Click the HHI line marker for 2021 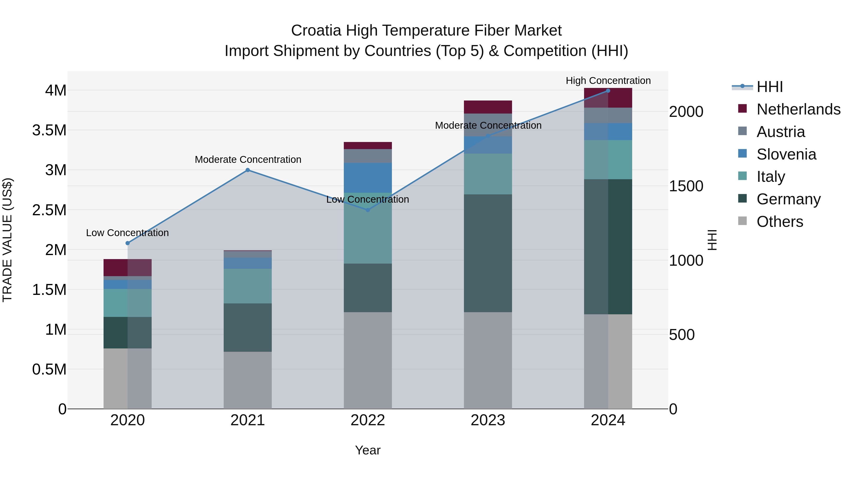click(x=248, y=170)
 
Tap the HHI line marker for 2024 click(x=608, y=91)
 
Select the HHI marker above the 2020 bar click(x=128, y=243)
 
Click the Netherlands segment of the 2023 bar click(x=488, y=107)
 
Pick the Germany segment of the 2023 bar click(x=488, y=253)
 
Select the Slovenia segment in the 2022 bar click(x=368, y=178)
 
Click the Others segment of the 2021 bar click(x=248, y=380)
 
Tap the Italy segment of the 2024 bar click(x=608, y=160)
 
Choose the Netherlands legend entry click(x=798, y=109)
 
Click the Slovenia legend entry click(x=786, y=154)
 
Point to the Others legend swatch click(x=743, y=221)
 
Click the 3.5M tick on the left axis click(x=49, y=130)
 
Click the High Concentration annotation click(x=608, y=81)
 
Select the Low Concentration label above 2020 click(x=127, y=233)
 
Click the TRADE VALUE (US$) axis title click(x=7, y=240)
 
